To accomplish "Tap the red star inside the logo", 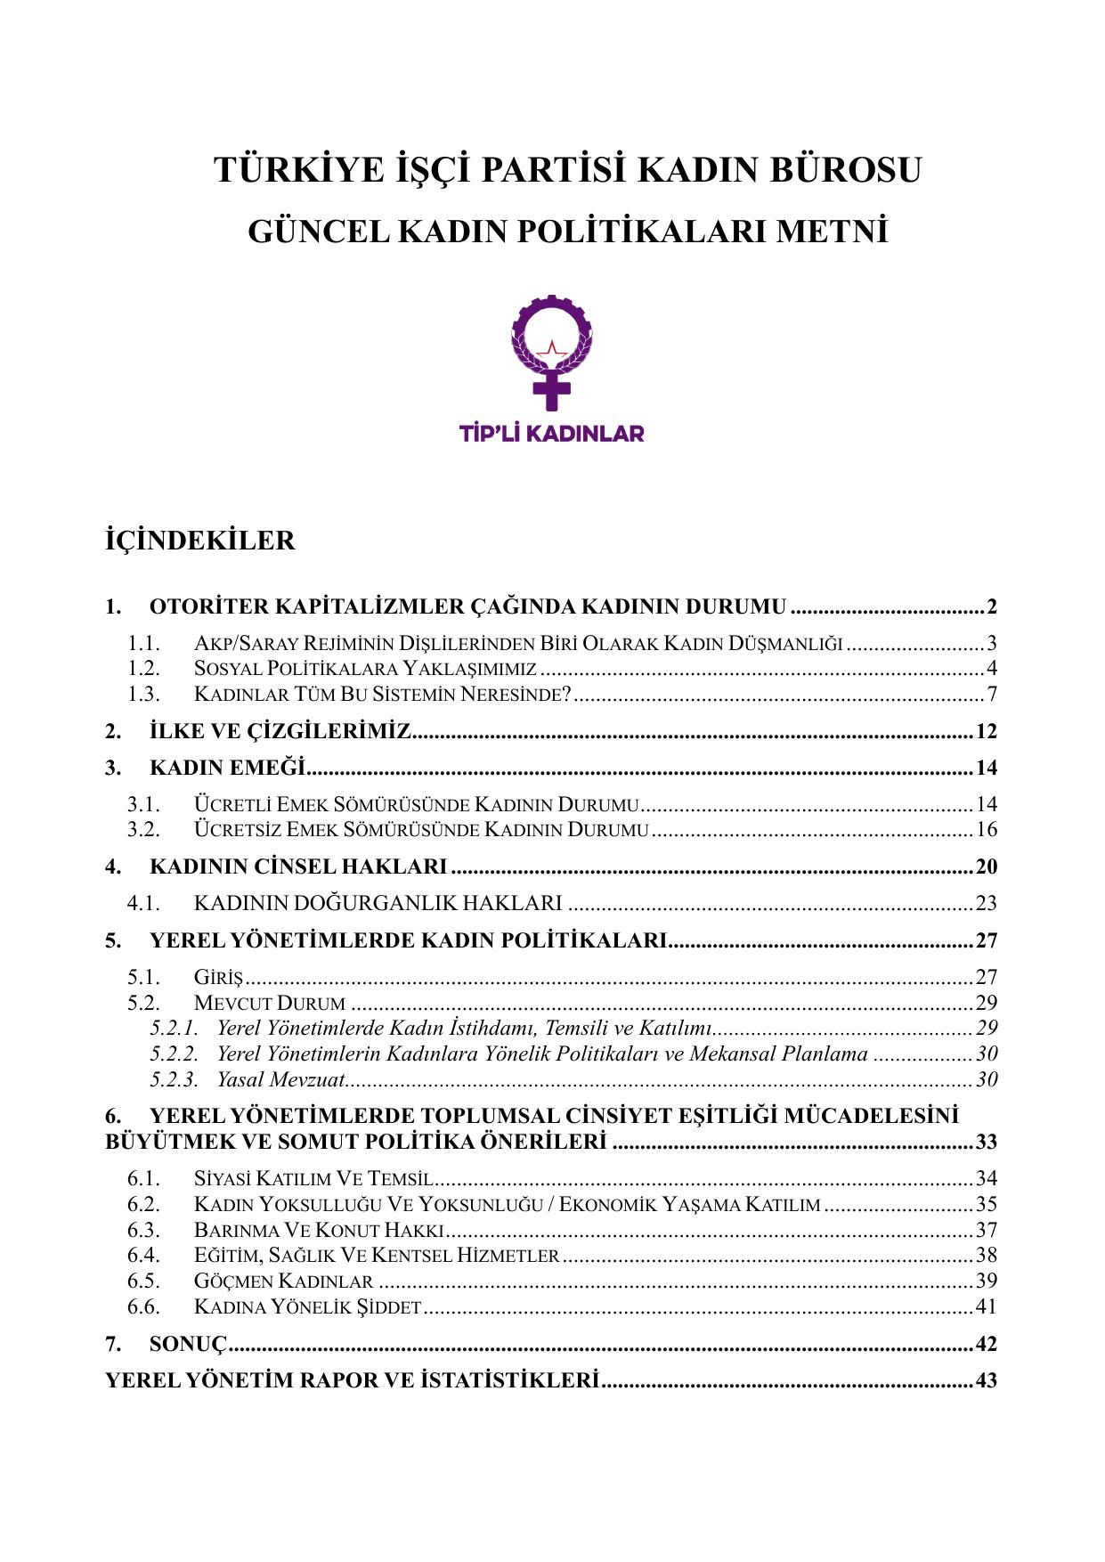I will point(552,348).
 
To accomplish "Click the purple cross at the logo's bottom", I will point(552,389).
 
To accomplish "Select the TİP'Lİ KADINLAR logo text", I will point(551,434).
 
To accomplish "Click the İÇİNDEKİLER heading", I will point(199,541).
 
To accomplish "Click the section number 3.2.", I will point(143,830).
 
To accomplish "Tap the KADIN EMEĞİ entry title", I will point(227,768).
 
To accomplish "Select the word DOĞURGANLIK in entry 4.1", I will point(367,903).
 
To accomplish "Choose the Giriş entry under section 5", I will point(218,977).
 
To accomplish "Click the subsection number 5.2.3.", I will point(174,1079).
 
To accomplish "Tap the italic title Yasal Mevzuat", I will point(280,1079).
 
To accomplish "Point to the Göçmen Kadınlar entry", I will point(283,1281).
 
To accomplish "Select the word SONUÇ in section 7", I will point(189,1344).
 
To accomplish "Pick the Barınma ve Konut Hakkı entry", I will point(318,1230).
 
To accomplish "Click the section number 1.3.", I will point(143,694).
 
